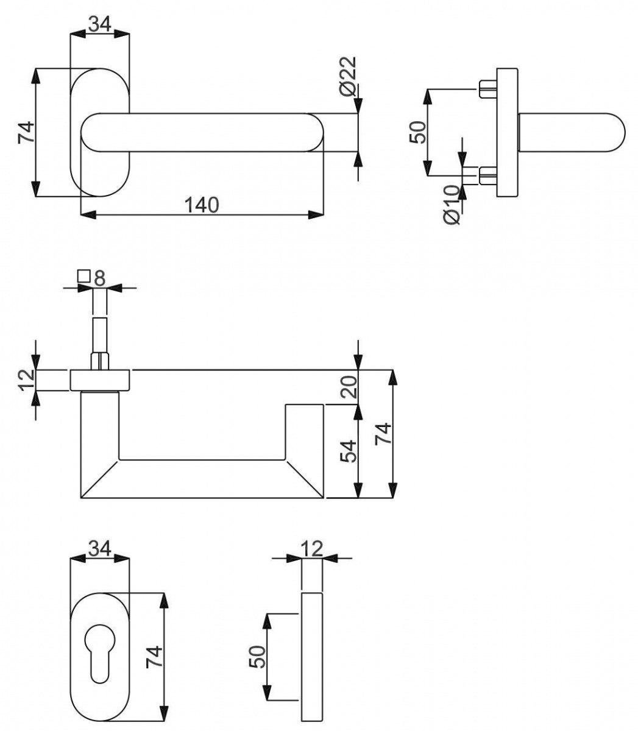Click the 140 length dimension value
pos(202,205)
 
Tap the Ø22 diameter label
pos(347,77)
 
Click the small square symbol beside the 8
pos(83,276)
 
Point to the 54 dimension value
pos(349,451)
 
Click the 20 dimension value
pos(349,387)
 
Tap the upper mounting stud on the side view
pos(487,88)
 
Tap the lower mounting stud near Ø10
pos(487,176)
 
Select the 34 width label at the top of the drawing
pos(100,24)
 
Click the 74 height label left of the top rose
pos(26,132)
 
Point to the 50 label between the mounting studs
pos(418,132)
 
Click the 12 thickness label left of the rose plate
pos(26,380)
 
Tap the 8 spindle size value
pos(100,278)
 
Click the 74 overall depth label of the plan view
pos(383,433)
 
